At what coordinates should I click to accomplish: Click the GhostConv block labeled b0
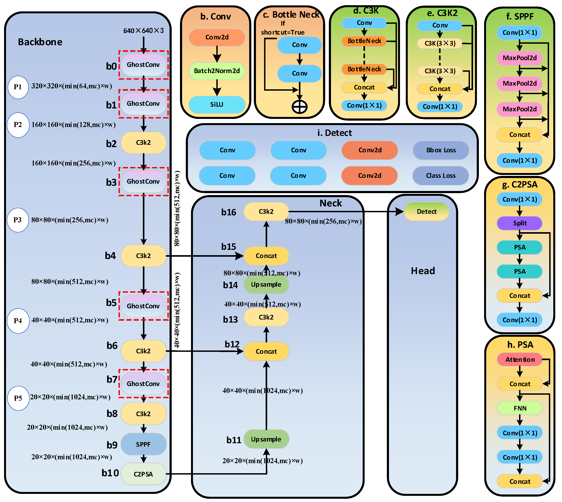pyautogui.click(x=143, y=65)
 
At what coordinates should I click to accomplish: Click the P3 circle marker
pyautogui.click(x=18, y=220)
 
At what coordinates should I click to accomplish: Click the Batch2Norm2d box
pyautogui.click(x=217, y=71)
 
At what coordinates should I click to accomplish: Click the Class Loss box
pyautogui.click(x=441, y=176)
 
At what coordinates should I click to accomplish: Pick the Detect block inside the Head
pyautogui.click(x=426, y=211)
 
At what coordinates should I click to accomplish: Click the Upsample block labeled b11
pyautogui.click(x=266, y=439)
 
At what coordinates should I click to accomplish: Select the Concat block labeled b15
pyautogui.click(x=266, y=256)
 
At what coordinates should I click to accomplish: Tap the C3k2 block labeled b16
pyautogui.click(x=266, y=211)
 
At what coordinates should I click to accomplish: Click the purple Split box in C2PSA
pyautogui.click(x=519, y=223)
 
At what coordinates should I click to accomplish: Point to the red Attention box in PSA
pyautogui.click(x=519, y=359)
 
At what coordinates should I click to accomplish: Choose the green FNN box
pyautogui.click(x=519, y=408)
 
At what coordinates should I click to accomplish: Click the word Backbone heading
pyautogui.click(x=40, y=42)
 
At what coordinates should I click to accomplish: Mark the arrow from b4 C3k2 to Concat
pyautogui.click(x=204, y=256)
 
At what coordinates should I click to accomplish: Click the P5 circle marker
pyautogui.click(x=18, y=398)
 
